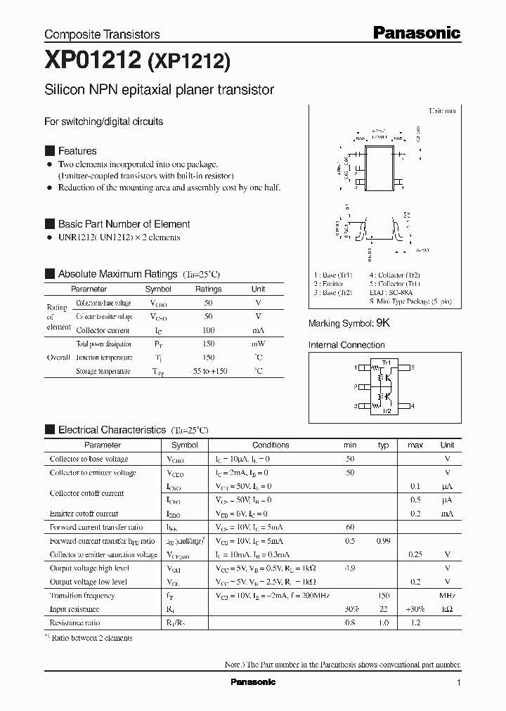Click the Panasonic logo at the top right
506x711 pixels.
coord(415,32)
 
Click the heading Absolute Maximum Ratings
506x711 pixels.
coord(117,274)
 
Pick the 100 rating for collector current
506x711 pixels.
coord(209,330)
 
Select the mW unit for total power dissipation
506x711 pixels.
coord(258,344)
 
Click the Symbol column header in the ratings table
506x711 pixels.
coord(158,289)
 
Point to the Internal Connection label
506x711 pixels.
coord(346,345)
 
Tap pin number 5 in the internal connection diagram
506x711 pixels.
coord(413,367)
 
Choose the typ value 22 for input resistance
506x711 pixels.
coord(383,609)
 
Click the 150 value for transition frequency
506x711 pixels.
coord(383,596)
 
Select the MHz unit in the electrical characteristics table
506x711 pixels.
coord(447,596)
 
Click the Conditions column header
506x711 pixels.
coord(271,445)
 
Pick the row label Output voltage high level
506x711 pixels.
coord(89,568)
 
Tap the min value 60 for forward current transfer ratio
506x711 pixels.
coord(349,527)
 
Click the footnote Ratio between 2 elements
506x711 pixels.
coord(91,638)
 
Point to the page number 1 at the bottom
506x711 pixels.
coord(458,683)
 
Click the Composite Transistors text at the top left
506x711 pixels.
coord(102,34)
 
